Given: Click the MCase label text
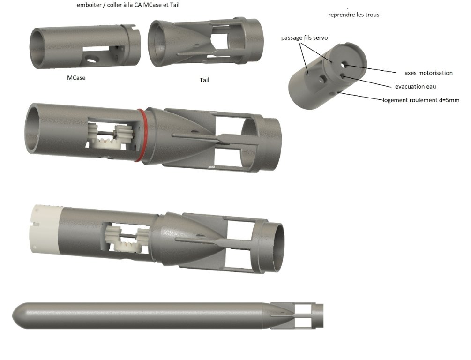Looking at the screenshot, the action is coord(76,78).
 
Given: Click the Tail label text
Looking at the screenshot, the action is coord(204,80).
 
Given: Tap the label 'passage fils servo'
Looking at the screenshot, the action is coord(304,38).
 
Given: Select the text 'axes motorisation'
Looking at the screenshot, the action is coord(428,73).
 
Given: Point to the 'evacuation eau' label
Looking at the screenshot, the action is coord(415,87).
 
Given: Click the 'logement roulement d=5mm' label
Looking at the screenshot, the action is coord(421,100).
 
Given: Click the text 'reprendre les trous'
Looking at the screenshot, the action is coord(353,15).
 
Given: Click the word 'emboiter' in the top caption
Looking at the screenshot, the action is coord(89,5).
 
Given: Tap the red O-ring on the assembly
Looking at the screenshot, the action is coord(142,135).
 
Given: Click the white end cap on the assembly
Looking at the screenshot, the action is coord(45,229).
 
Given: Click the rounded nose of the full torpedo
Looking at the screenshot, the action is coord(21,315).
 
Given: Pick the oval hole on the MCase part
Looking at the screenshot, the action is coord(91,59).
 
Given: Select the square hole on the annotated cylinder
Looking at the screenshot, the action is coord(323,80).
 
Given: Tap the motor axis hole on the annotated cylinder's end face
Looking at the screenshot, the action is coord(344,64).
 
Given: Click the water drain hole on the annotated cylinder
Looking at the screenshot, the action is coord(343,75).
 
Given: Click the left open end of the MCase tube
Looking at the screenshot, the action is coord(38,48).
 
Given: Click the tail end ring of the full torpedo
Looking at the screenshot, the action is coord(319,315).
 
